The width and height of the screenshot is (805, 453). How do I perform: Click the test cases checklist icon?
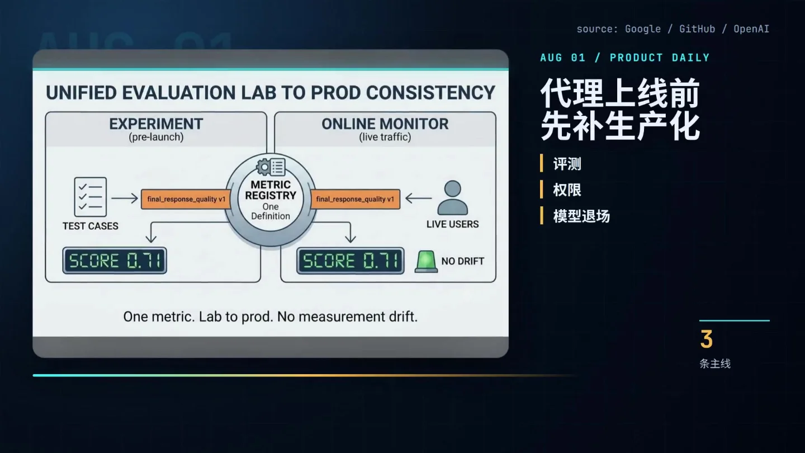pos(90,197)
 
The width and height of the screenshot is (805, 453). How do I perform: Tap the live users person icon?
pos(452,198)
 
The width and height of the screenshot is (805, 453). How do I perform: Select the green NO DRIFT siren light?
pos(426,261)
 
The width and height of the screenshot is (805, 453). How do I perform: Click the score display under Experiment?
pos(115,261)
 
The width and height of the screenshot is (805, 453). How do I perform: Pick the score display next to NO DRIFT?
pos(351,261)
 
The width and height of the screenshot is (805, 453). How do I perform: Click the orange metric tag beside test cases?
pos(186,199)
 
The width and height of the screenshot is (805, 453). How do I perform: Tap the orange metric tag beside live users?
pos(355,199)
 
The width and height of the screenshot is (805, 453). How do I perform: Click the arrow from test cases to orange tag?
pos(125,198)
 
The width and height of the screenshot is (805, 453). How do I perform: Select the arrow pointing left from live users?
pos(419,198)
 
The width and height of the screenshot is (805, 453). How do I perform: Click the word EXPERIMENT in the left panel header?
pos(157,124)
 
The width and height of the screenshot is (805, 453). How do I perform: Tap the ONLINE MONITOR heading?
pos(385,124)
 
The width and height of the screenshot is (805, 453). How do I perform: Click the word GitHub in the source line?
pos(697,29)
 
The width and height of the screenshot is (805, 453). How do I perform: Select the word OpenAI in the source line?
pos(751,29)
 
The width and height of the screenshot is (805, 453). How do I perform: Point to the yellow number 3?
pos(707,339)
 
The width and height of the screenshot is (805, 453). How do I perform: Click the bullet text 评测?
pos(567,164)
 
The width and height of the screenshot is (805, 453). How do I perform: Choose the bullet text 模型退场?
pos(581,216)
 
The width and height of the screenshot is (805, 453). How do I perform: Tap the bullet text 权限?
pos(567,190)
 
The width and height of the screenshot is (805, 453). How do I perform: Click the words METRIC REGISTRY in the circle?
pos(271,190)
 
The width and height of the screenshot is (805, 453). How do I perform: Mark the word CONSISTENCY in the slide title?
pos(430,93)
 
